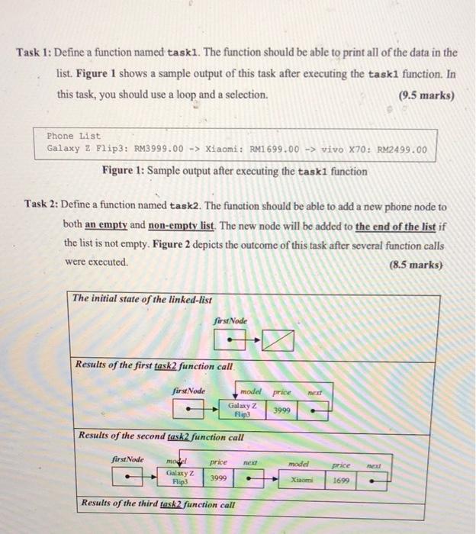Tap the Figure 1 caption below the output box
pyautogui.click(x=233, y=171)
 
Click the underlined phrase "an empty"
pyautogui.click(x=107, y=225)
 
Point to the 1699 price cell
pyautogui.click(x=341, y=480)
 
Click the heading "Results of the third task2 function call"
pyautogui.click(x=158, y=505)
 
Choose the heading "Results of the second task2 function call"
pyautogui.click(x=162, y=437)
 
